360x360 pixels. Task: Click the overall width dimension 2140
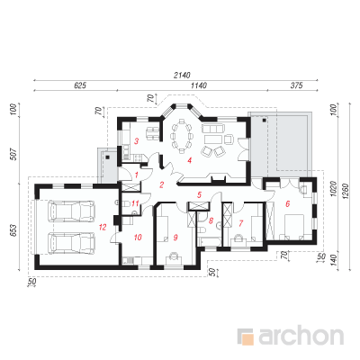pos(182,75)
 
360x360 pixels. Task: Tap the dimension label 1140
pos(199,85)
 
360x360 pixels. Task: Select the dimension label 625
pos(80,85)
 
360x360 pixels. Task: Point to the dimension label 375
pos(296,85)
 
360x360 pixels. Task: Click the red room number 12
pos(103,227)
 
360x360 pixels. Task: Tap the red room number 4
pos(189,160)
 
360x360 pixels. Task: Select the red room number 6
pos(288,204)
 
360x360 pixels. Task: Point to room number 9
pos(175,238)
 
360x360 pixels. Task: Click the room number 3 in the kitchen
pos(136,140)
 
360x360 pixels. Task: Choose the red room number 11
pos(135,204)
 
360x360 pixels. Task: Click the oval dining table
pos(181,137)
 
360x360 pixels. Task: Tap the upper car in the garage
pos(71,211)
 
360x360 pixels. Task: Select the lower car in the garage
pos(71,243)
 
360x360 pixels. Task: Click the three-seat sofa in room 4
pos(212,129)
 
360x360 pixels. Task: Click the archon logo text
pos(301,337)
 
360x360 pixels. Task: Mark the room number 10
pos(138,238)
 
